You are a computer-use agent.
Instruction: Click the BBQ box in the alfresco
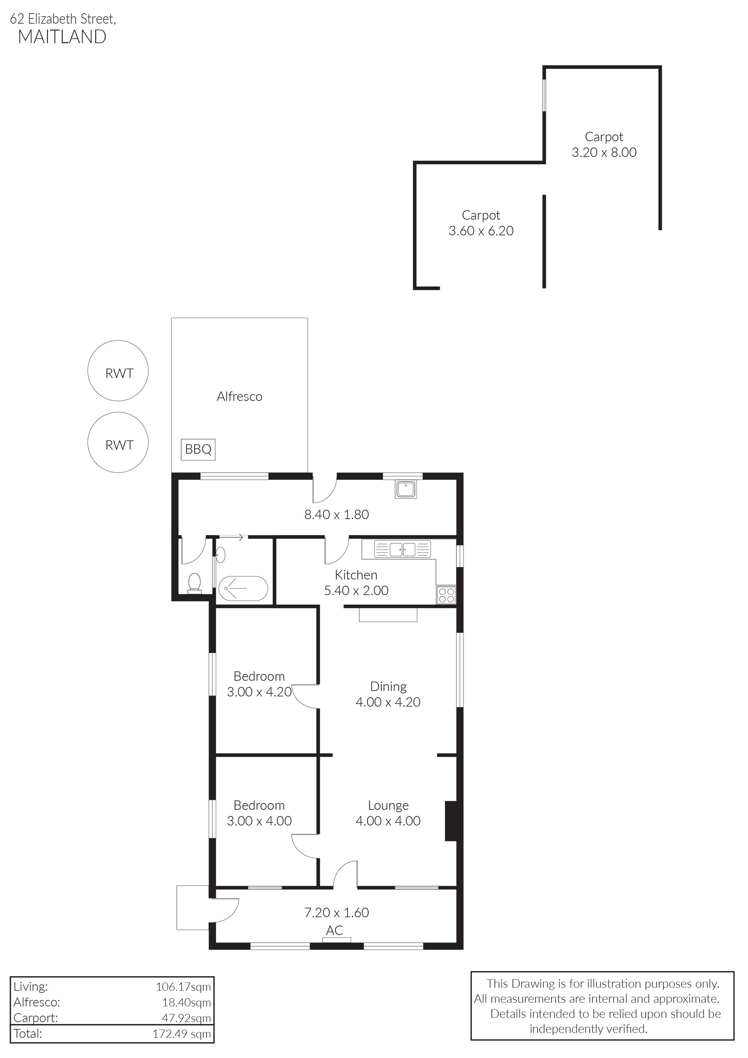[198, 449]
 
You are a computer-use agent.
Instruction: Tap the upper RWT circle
[118, 371]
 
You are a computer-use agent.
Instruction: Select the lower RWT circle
[118, 442]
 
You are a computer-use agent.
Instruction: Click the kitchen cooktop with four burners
[446, 595]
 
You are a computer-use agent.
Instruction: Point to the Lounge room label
[388, 805]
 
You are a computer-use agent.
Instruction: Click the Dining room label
[388, 686]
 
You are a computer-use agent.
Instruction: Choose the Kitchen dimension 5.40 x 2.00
[356, 590]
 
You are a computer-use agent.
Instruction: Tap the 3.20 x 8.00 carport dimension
[604, 152]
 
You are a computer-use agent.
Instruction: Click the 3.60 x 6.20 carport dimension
[481, 230]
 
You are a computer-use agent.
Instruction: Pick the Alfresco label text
[240, 396]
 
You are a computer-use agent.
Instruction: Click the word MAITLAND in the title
[62, 37]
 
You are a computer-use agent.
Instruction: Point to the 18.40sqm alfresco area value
[187, 1002]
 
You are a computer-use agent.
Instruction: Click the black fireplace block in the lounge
[450, 821]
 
